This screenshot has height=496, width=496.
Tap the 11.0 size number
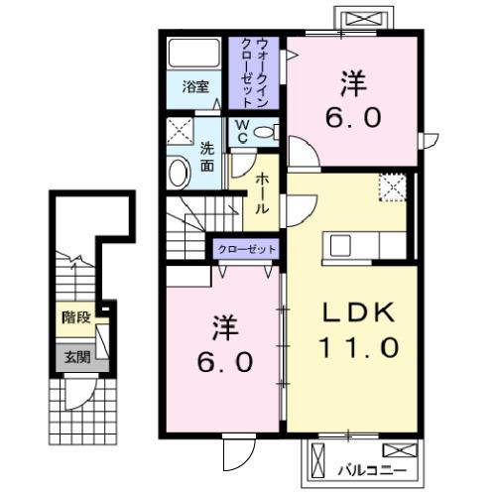pyautogui.click(x=358, y=348)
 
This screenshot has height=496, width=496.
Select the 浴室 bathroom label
pyautogui.click(x=193, y=86)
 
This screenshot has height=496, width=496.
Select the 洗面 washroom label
pyautogui.click(x=207, y=157)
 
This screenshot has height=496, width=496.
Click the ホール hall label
pyautogui.click(x=262, y=194)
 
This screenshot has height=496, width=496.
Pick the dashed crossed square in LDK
pyautogui.click(x=393, y=186)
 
